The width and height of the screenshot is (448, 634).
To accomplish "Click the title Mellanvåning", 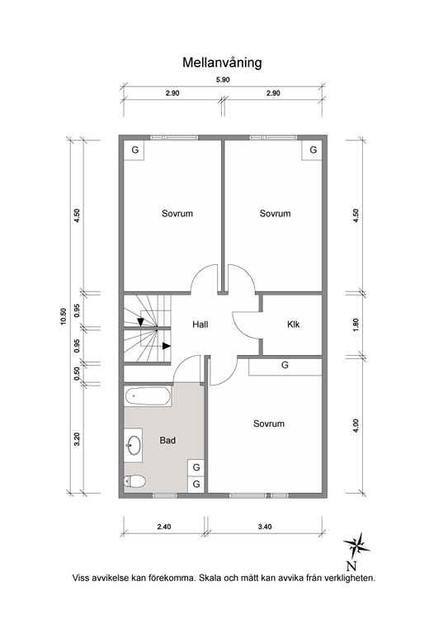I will point(222,61).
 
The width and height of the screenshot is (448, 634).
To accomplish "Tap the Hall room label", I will point(200,324).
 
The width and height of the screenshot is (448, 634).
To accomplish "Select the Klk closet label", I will point(293,324).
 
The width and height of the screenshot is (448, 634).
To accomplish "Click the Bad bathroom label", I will point(167,441).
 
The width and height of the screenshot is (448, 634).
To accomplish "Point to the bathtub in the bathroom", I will point(149,397).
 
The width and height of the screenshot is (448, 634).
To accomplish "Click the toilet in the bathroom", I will point(134,481).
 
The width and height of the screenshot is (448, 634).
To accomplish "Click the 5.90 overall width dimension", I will point(222,79).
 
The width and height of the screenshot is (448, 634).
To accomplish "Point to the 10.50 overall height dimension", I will point(63,317).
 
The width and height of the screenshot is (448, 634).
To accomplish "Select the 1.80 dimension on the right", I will point(356,324).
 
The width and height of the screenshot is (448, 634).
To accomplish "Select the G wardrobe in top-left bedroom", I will point(134,150).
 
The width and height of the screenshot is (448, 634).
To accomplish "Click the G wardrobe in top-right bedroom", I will point(312,150).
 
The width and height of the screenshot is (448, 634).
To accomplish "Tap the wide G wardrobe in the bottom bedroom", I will point(285,365).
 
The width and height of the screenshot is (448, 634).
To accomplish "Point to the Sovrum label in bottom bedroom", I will point(269,423).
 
